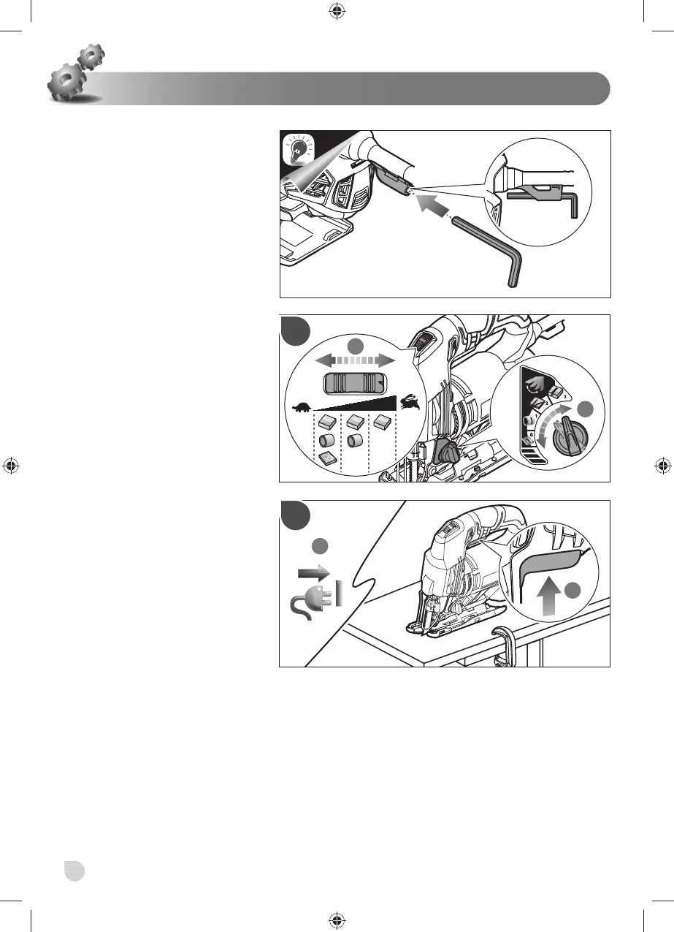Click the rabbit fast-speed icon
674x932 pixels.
tap(407, 401)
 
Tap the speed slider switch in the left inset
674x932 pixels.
tap(353, 384)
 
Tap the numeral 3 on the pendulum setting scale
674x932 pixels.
tap(567, 396)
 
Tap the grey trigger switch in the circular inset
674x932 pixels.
tap(548, 564)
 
